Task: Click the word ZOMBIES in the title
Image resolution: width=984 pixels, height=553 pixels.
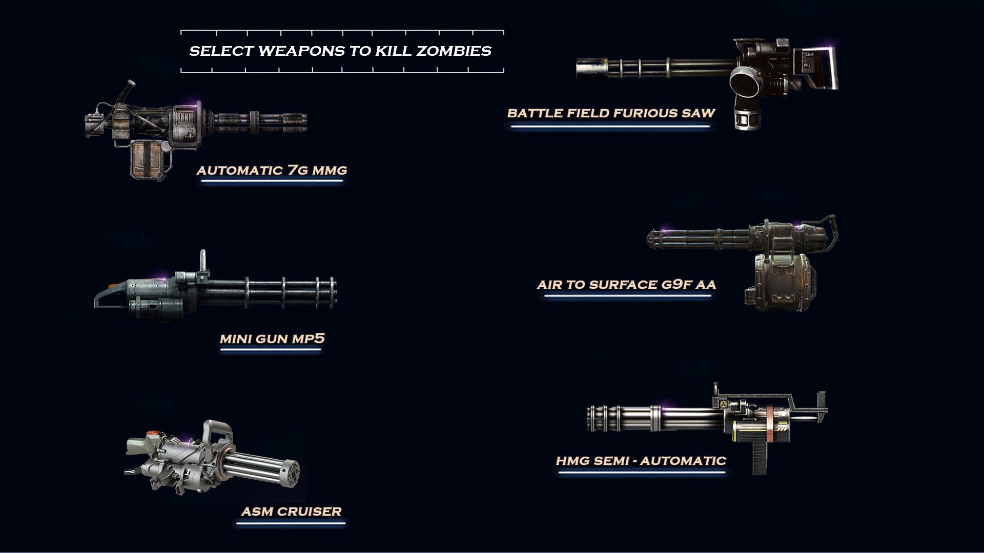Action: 454,51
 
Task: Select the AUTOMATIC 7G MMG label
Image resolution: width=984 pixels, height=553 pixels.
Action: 272,171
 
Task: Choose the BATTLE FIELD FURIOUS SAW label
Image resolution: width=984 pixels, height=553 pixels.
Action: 611,113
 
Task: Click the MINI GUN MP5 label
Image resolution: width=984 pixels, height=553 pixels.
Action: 272,339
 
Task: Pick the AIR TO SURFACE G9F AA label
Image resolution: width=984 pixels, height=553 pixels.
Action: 626,285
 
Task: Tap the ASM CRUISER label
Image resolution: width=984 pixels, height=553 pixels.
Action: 291,512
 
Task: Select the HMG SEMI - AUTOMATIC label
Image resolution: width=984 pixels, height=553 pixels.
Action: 641,461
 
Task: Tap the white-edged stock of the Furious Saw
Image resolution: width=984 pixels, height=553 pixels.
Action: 817,67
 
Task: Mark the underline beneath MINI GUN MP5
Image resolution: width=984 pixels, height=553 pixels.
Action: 271,350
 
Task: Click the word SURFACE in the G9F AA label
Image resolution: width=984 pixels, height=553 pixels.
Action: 623,285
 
